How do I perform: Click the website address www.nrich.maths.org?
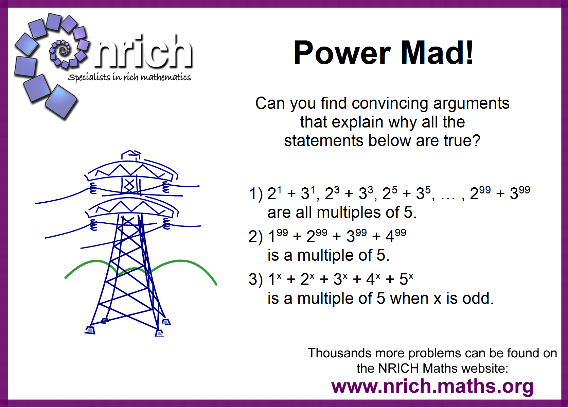pos(432,386)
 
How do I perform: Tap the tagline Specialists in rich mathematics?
pos(129,77)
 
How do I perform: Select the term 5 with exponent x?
pos(406,279)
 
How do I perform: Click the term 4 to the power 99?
pos(395,236)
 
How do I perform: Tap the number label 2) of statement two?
pos(255,237)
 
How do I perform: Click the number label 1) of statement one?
pos(255,194)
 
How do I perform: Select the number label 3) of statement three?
pos(255,279)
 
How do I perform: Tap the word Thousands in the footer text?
pos(339,353)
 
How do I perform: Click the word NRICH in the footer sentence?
pos(398,368)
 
